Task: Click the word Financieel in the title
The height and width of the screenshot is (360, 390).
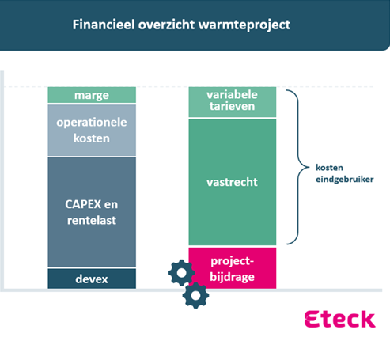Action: [104, 25]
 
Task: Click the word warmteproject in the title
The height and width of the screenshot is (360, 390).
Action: [244, 25]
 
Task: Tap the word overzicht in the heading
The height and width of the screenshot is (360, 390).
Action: [166, 25]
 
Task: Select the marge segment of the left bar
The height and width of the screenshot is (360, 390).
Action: [92, 95]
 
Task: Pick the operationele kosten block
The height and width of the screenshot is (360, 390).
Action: [92, 131]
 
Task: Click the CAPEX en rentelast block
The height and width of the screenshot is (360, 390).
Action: [92, 212]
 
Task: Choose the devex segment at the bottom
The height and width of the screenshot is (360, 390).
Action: [92, 279]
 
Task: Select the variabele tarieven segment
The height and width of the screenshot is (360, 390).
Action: [233, 102]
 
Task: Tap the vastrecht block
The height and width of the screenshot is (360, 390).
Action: [233, 182]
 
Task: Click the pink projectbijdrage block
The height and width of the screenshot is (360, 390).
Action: [233, 268]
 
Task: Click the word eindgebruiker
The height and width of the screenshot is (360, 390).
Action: [345, 180]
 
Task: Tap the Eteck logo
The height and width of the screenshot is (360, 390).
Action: [340, 319]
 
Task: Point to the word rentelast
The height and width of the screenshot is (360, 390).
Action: [92, 220]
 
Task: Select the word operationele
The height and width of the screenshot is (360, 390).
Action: [92, 123]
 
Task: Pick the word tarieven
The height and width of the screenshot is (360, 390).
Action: [232, 106]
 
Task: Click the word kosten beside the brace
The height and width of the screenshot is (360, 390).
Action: [329, 168]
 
